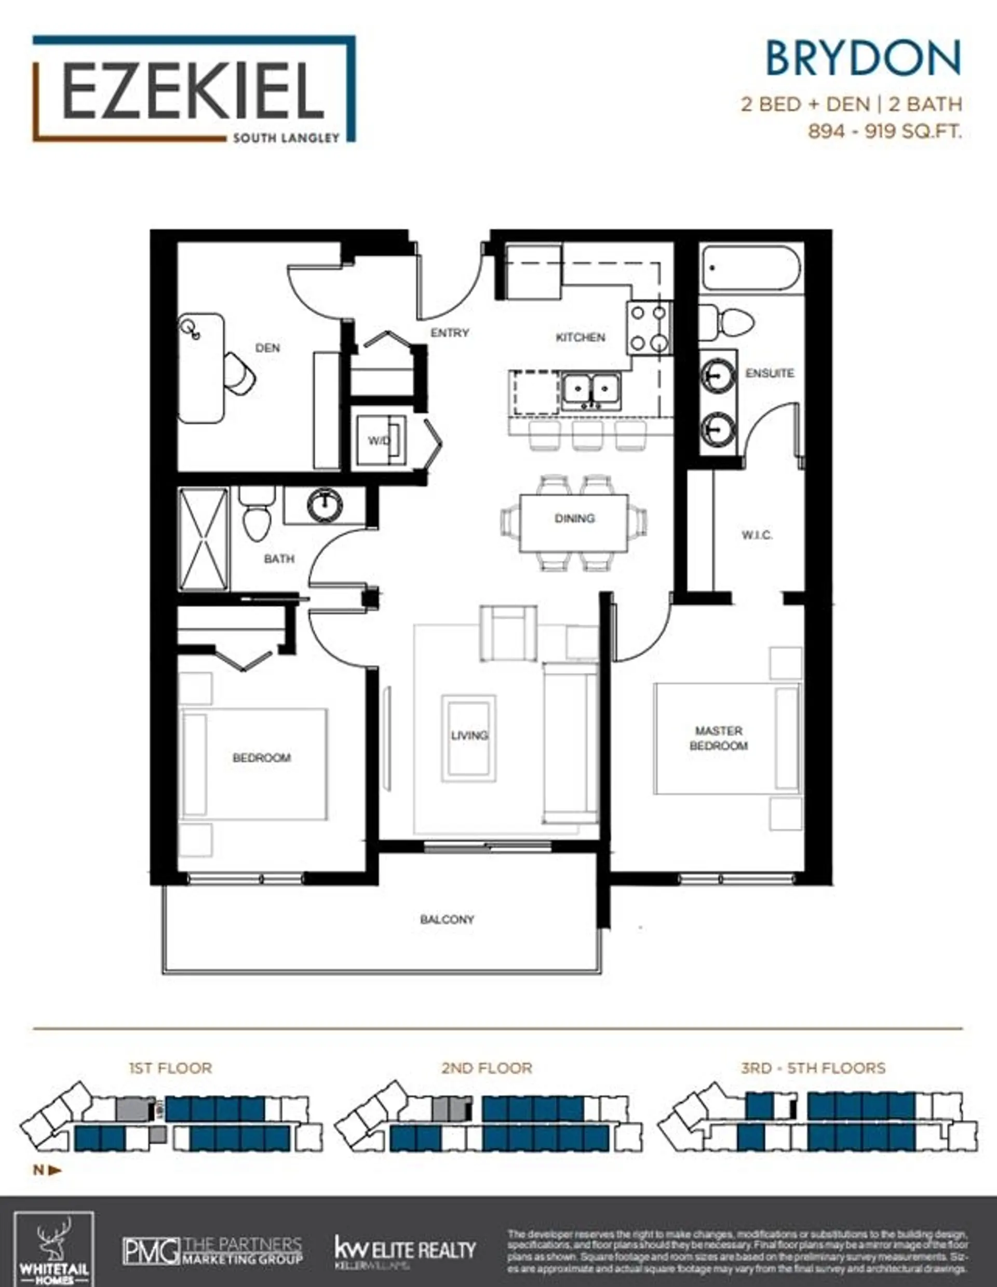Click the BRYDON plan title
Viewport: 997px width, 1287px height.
863,58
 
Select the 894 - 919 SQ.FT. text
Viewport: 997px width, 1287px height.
884,131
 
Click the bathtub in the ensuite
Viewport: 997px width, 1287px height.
751,268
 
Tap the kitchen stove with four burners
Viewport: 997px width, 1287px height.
649,328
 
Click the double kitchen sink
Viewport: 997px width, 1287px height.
589,390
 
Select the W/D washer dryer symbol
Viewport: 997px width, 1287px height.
380,440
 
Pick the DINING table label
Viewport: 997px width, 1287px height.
574,518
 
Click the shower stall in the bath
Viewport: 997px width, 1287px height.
203,539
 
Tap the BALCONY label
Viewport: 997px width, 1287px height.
447,919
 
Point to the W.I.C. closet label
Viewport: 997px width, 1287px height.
757,535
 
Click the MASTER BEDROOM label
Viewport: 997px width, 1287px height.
718,738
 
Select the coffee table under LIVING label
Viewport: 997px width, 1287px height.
469,736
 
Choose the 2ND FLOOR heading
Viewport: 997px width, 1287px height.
486,1068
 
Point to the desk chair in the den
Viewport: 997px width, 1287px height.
240,373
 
